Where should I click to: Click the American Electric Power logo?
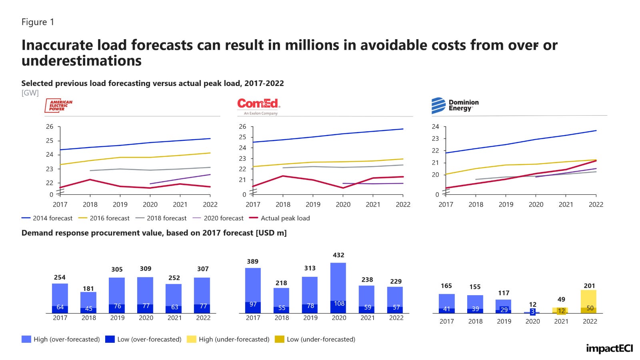pyautogui.click(x=59, y=105)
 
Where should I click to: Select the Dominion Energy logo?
pyautogui.click(x=455, y=106)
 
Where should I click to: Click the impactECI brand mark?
pyautogui.click(x=609, y=348)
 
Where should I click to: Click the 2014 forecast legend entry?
pyautogui.click(x=47, y=218)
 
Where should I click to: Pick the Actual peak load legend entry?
pyautogui.click(x=280, y=218)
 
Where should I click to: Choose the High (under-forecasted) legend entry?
pyautogui.click(x=228, y=339)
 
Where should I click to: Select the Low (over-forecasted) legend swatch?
pyautogui.click(x=110, y=339)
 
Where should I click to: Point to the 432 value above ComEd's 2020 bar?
pyautogui.click(x=338, y=255)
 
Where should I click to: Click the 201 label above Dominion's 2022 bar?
pyautogui.click(x=589, y=286)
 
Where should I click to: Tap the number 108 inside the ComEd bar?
pyautogui.click(x=339, y=304)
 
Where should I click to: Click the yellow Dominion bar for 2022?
pyautogui.click(x=588, y=298)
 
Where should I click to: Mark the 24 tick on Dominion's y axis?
pyautogui.click(x=435, y=127)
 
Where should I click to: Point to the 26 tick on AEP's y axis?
pyautogui.click(x=49, y=127)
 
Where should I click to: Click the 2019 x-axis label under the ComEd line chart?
pyautogui.click(x=313, y=204)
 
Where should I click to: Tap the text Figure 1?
pyautogui.click(x=38, y=22)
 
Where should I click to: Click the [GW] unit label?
pyautogui.click(x=30, y=93)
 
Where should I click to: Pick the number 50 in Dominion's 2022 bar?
pyautogui.click(x=590, y=308)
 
